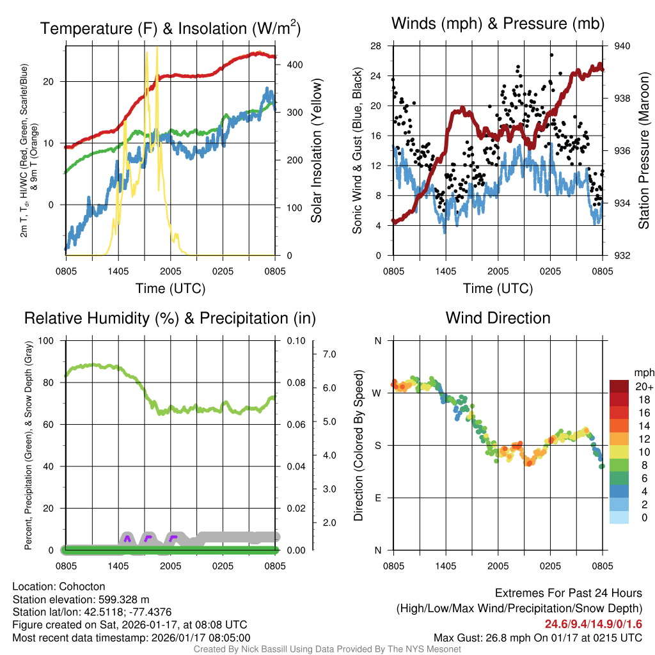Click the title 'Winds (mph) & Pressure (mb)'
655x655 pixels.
click(x=498, y=24)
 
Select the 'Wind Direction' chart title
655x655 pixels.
click(x=498, y=318)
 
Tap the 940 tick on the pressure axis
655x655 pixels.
click(x=622, y=46)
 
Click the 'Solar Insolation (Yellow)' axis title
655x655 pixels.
click(x=317, y=150)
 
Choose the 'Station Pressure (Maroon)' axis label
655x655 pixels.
click(x=644, y=151)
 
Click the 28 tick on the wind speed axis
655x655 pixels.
click(x=376, y=46)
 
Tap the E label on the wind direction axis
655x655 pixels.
click(x=377, y=498)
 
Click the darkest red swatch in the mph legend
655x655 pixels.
click(x=619, y=386)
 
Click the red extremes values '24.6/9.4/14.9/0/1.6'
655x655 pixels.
click(x=593, y=624)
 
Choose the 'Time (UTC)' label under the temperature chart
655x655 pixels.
click(x=170, y=288)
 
